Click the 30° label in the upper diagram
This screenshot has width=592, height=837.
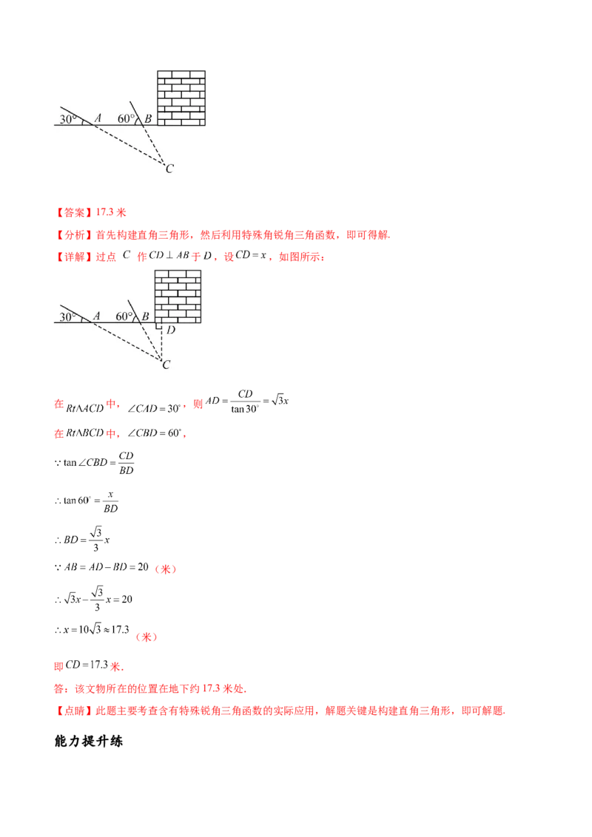pos(68,118)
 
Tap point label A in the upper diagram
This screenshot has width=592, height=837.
pos(97,118)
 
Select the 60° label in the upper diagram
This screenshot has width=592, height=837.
pos(125,118)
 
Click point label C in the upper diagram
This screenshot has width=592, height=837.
pos(169,169)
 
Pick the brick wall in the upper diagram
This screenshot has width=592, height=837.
pos(182,97)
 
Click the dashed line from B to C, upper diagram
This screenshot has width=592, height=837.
pos(155,145)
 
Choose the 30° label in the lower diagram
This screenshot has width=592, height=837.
pos(68,316)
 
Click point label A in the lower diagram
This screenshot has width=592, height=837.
pos(95,316)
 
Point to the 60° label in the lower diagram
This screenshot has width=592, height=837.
pos(124,316)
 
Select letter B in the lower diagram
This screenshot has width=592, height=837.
pos(146,317)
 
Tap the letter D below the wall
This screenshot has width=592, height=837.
pos(171,330)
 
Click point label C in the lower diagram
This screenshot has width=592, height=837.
pos(166,365)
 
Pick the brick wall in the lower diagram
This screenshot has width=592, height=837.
pos(178,296)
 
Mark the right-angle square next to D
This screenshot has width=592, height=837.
pos(158,326)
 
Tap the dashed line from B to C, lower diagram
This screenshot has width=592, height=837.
pos(154,342)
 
